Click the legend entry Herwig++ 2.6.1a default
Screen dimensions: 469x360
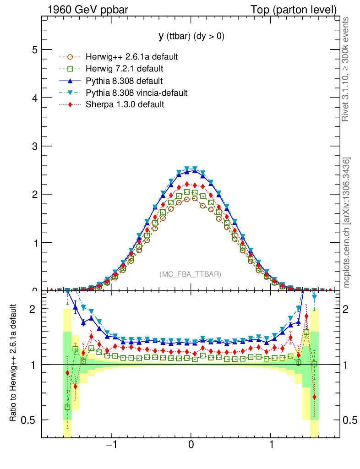[131, 57]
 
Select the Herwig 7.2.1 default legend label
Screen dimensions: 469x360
[124, 69]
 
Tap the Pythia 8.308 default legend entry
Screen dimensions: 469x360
[124, 81]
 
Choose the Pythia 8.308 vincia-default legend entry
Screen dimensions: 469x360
[136, 93]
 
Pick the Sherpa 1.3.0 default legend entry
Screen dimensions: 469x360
[125, 105]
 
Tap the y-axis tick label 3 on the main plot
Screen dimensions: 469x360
[33, 146]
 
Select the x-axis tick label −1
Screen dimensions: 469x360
[110, 445]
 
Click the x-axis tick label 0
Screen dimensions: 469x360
[191, 445]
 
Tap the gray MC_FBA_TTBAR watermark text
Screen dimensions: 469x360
[191, 274]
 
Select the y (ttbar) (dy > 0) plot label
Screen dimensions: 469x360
[191, 37]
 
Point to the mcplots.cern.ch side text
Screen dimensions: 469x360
[347, 222]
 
